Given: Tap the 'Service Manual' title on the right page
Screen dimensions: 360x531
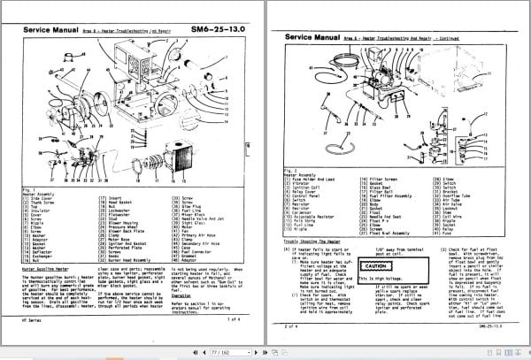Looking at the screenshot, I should [313, 38].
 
